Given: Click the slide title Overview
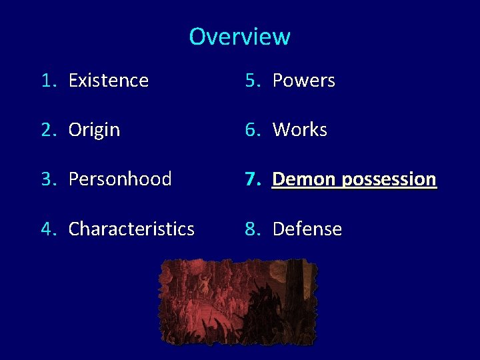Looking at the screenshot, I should point(239,36).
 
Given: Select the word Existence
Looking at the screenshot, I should point(108,81).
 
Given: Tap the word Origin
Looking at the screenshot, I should point(94,130).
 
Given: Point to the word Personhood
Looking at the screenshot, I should point(120,179).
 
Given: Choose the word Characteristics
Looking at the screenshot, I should point(131,229).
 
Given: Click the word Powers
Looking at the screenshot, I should point(303,81).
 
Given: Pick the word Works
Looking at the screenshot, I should point(299,130).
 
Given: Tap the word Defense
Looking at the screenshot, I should point(307,229).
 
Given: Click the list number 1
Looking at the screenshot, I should point(47,81).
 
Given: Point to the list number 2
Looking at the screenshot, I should point(47,130).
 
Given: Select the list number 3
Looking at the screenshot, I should point(47,179).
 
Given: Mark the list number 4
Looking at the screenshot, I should point(47,229).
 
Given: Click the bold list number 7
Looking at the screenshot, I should point(251,179).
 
